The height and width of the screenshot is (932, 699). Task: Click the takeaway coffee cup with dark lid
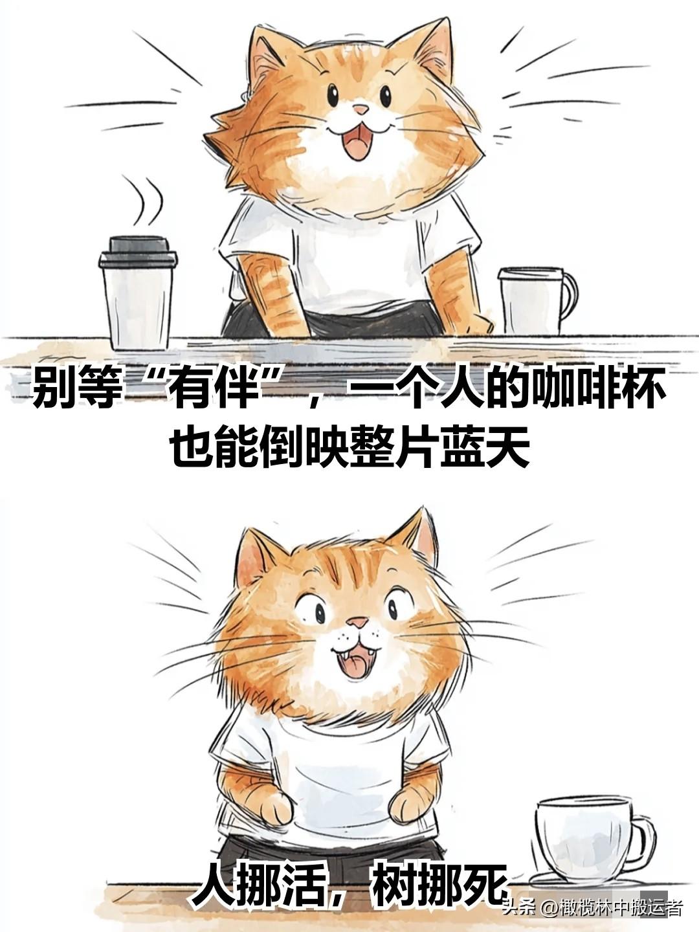click(x=138, y=293)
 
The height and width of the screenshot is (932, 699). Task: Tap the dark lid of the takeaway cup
click(x=138, y=251)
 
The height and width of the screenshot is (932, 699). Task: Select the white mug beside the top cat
click(x=537, y=301)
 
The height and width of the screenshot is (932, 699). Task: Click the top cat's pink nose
click(x=361, y=109)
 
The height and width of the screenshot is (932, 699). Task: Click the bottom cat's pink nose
click(x=358, y=623)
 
